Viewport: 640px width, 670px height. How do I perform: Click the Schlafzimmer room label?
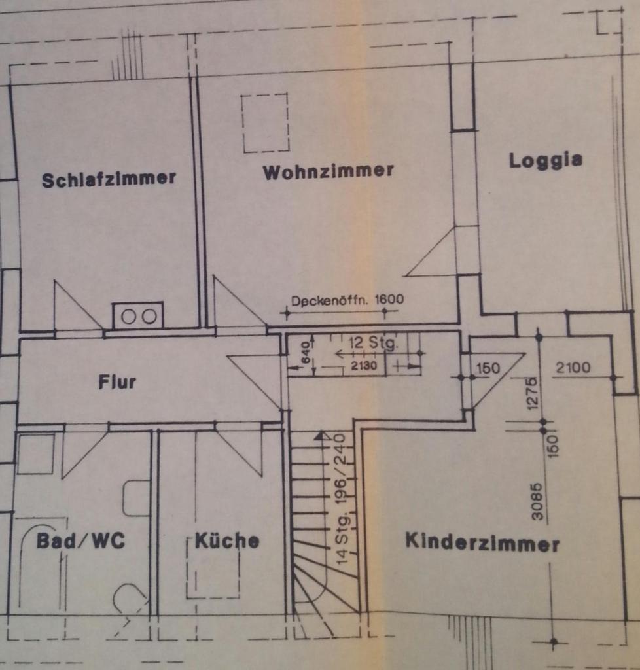(x=109, y=179)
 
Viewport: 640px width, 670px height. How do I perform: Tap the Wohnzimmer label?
(x=328, y=171)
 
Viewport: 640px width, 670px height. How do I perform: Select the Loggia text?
(x=546, y=161)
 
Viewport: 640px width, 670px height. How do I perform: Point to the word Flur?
(x=117, y=381)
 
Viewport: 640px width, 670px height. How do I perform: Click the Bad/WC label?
(x=80, y=540)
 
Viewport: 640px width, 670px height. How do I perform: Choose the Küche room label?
(x=227, y=540)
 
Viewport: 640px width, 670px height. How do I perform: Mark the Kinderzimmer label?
(x=482, y=543)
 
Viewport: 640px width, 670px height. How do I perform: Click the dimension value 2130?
(x=364, y=366)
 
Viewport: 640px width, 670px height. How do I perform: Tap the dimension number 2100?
(x=573, y=367)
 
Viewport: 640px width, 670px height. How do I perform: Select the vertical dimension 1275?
(x=531, y=393)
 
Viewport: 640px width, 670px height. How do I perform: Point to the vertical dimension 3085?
(x=537, y=502)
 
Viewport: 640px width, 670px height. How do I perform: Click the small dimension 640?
(x=306, y=352)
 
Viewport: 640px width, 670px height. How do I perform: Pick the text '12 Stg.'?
(x=373, y=343)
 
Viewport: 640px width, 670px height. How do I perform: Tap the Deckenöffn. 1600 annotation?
(x=347, y=300)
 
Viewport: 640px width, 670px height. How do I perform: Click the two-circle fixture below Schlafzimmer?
(x=137, y=316)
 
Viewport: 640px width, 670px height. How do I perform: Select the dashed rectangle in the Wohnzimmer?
(x=265, y=122)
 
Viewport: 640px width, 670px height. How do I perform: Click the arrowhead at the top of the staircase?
(x=321, y=435)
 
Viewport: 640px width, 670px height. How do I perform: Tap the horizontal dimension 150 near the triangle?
(x=488, y=368)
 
